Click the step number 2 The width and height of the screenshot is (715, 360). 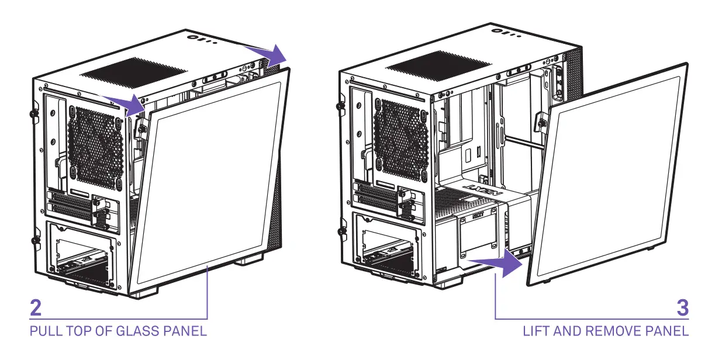coord(36,309)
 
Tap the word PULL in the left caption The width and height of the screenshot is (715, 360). coord(43,331)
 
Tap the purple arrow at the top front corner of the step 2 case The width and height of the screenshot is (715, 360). coord(270,56)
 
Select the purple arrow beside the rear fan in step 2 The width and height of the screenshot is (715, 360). coord(130,104)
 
